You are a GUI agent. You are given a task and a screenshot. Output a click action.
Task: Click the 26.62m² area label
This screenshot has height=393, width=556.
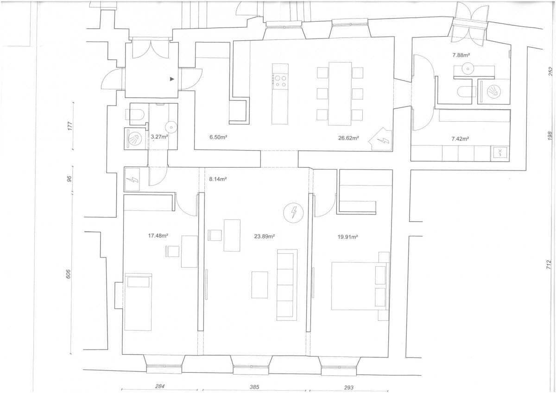click(x=348, y=138)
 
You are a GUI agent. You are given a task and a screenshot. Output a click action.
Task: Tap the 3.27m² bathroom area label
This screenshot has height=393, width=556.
click(x=159, y=137)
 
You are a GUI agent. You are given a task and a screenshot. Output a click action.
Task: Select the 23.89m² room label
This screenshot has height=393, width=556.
click(x=265, y=236)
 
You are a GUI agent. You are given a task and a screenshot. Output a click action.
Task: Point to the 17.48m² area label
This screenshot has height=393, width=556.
click(x=158, y=236)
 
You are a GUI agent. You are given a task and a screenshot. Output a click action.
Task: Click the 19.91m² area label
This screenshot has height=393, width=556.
click(x=347, y=237)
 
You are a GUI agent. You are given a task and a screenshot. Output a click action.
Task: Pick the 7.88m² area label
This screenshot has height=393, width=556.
click(x=461, y=55)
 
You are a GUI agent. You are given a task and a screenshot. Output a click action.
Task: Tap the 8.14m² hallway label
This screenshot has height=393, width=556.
click(x=218, y=179)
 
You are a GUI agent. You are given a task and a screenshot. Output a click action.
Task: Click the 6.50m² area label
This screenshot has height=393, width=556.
click(x=218, y=137)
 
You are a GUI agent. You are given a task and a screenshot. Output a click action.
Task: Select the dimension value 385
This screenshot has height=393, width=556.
click(x=254, y=387)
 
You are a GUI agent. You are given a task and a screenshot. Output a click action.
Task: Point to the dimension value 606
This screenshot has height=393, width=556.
click(x=69, y=274)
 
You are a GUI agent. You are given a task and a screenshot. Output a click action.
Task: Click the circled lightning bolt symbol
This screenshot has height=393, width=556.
click(x=294, y=212)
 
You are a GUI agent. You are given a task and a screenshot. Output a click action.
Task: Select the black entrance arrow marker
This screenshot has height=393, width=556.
click(x=172, y=79)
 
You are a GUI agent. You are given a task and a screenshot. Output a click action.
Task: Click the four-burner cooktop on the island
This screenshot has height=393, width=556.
click(x=280, y=81)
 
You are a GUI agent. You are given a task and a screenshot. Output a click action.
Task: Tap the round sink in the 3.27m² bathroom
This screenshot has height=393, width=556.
click(x=171, y=127)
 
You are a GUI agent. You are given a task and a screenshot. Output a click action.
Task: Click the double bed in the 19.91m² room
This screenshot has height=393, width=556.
click(x=360, y=286)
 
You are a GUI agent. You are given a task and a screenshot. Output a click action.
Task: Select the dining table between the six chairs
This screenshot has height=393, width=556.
click(x=340, y=94)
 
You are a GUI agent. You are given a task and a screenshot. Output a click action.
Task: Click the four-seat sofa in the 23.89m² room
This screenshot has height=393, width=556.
click(x=287, y=285)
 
